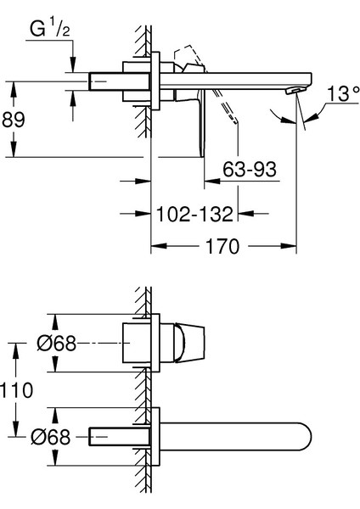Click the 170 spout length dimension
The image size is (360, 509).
pos(222,247)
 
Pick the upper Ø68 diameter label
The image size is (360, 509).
pos(57,344)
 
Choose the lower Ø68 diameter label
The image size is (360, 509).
pos(57,438)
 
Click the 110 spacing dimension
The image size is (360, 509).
pos(17,390)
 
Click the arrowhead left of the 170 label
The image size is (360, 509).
pos(157,247)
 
